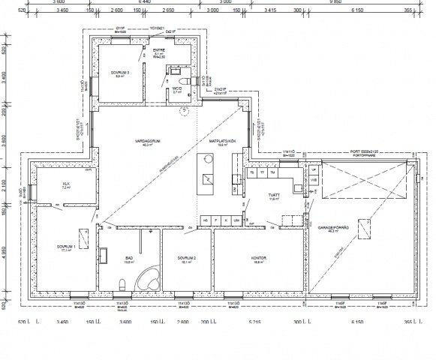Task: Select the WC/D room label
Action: pyautogui.click(x=177, y=88)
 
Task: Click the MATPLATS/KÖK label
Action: pyautogui.click(x=223, y=142)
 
